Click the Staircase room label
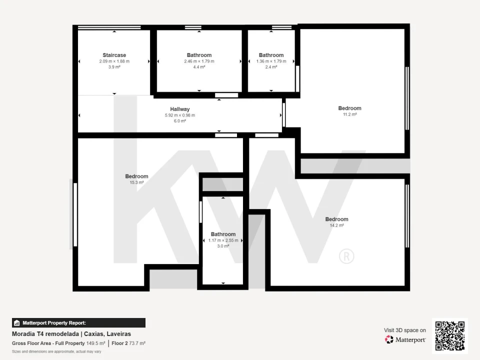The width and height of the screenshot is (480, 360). pos(114,55)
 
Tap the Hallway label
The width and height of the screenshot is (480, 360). pos(180,109)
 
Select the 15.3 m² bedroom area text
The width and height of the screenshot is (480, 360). pos(136,182)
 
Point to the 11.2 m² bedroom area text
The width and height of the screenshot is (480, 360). pos(349,114)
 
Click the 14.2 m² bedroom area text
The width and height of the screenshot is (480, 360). pos(336,225)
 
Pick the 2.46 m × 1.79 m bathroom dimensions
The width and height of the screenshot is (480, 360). pos(199,61)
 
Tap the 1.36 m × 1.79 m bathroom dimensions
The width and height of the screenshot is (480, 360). pos(271,61)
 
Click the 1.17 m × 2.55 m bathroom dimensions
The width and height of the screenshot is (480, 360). pos(223,240)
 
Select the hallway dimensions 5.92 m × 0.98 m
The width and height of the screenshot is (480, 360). pos(180,115)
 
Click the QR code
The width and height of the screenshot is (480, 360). pos(450,336)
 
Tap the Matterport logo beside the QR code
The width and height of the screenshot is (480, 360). pos(405,339)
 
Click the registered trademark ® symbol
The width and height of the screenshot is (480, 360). pos(346,256)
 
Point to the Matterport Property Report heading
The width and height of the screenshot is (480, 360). pos(54,323)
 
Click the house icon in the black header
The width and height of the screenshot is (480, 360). pos(17,323)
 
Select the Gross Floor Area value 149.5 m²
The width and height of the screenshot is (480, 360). pos(96,343)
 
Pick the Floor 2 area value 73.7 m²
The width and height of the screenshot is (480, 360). pos(137,343)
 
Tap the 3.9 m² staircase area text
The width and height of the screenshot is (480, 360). pos(114,66)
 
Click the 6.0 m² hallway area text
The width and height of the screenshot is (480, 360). pos(180,121)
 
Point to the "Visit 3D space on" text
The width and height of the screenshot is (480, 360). pos(405,330)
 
